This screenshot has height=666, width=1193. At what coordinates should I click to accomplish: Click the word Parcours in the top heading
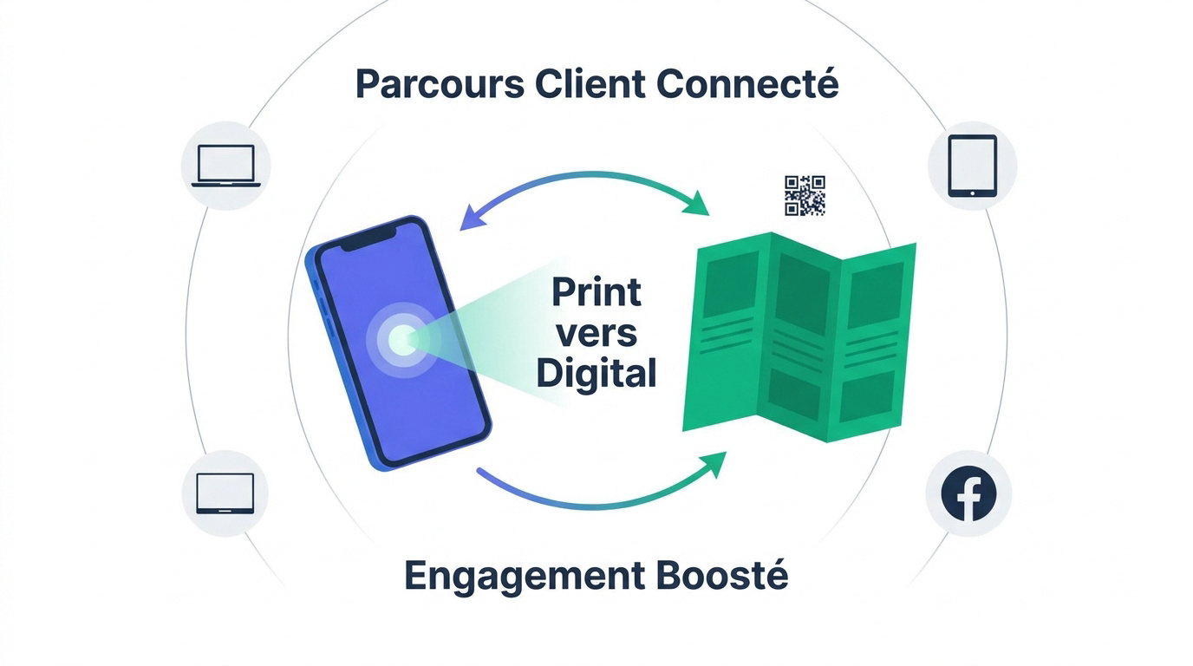pos(440,84)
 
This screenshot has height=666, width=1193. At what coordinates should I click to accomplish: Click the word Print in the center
pos(596,291)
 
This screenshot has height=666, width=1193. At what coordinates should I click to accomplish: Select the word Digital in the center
pos(596,374)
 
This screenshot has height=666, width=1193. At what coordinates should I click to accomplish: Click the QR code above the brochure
pos(805,195)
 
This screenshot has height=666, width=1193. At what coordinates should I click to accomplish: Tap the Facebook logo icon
pos(968,493)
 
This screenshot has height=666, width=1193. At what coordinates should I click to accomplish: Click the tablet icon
pos(973,166)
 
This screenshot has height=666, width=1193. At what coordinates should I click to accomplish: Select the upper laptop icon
pos(225,166)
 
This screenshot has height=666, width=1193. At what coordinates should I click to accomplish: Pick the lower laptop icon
pos(225,493)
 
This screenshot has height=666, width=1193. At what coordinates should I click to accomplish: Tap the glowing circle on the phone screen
pos(402,339)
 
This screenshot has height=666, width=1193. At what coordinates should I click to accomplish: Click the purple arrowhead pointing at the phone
pos(472,219)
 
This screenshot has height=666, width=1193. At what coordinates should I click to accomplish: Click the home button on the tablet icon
pos(973,193)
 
